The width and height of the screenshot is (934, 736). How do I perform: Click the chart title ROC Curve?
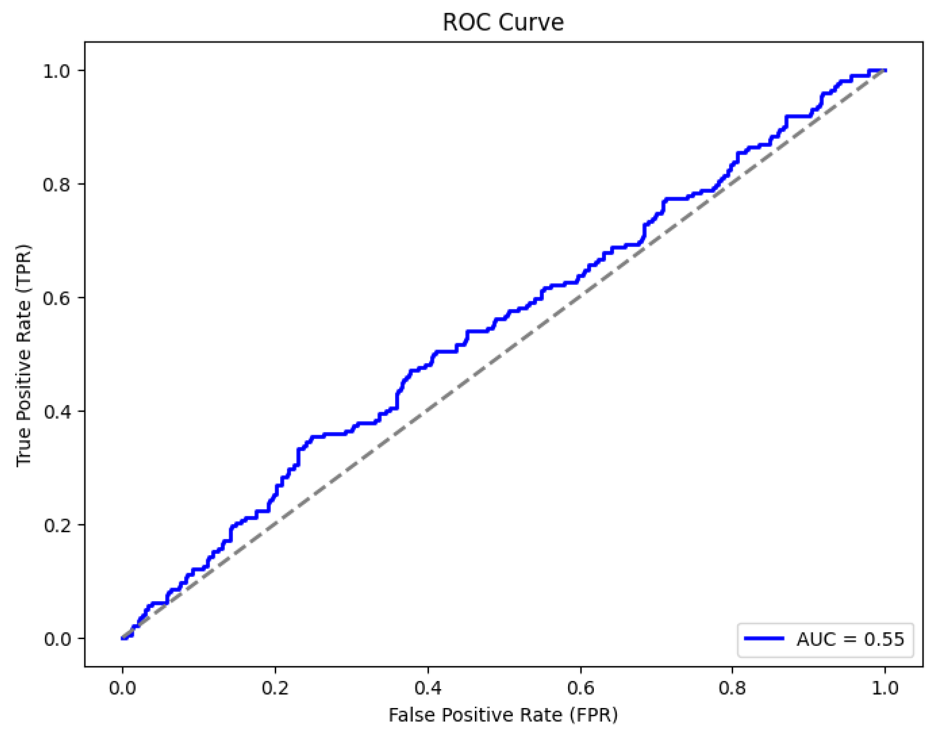(503, 22)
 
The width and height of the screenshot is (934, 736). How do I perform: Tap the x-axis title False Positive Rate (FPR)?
(503, 715)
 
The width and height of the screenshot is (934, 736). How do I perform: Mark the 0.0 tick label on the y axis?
(57, 639)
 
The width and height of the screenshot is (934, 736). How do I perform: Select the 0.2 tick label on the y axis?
(57, 525)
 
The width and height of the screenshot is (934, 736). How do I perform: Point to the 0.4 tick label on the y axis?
(57, 411)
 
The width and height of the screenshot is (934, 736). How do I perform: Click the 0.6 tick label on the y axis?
(57, 298)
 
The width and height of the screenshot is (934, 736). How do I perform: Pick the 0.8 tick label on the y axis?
(57, 184)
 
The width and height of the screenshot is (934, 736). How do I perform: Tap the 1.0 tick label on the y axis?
(57, 71)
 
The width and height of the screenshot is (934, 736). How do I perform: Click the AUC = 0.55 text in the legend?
(850, 639)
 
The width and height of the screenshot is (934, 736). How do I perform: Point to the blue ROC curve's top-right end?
(885, 70)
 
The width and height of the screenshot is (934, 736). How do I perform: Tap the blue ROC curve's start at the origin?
(123, 638)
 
